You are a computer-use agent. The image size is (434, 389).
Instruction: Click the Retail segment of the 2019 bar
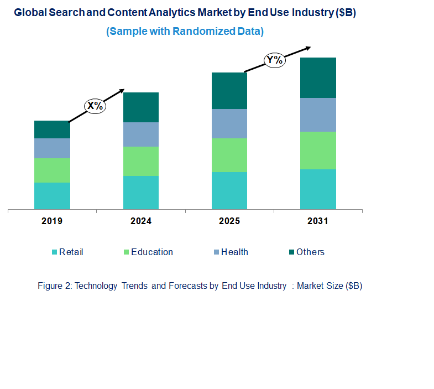[52, 196]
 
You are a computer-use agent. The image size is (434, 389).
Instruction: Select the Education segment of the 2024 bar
[140, 161]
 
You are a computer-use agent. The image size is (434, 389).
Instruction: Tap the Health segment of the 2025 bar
[229, 123]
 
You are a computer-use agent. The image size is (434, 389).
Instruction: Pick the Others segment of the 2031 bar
[318, 77]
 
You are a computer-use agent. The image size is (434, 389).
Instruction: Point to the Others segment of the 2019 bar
[52, 129]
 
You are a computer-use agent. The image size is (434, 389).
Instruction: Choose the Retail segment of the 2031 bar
[318, 189]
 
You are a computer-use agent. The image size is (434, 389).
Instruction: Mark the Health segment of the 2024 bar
[140, 134]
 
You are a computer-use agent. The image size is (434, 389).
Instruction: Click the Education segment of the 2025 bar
[229, 155]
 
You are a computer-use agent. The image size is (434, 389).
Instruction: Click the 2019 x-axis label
[52, 221]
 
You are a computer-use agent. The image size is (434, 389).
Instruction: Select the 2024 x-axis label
[140, 221]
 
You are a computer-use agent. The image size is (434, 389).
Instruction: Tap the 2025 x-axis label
[229, 221]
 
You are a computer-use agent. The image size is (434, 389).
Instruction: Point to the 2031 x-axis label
[318, 221]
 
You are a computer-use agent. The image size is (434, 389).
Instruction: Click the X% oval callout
[95, 106]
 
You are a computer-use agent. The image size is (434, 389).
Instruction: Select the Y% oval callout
[274, 60]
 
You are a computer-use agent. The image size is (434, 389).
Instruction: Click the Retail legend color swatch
[54, 252]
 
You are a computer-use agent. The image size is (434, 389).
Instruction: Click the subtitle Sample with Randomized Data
[185, 32]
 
